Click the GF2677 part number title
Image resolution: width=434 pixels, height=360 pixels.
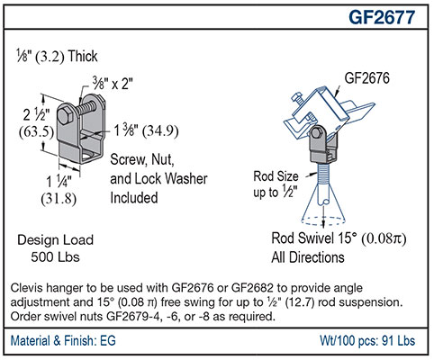382,17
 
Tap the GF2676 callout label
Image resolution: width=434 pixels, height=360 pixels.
366,78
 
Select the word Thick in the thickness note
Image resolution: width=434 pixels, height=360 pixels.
83,56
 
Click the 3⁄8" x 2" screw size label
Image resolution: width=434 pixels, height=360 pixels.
113,83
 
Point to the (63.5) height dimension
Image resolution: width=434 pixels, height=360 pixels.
36,131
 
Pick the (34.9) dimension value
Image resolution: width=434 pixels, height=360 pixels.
160,130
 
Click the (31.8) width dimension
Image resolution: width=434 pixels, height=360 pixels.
59,198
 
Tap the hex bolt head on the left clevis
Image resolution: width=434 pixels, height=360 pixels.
65,115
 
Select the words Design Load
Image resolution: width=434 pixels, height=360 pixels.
55,240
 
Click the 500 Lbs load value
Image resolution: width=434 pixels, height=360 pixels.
55,257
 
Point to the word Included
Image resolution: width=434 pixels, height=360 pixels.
134,198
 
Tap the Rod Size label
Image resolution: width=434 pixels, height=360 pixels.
276,176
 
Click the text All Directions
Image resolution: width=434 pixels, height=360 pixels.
308,257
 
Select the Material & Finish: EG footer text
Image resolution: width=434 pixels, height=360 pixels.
63,341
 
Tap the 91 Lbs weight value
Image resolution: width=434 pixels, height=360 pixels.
399,341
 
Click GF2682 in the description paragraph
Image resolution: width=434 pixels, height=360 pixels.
252,288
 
